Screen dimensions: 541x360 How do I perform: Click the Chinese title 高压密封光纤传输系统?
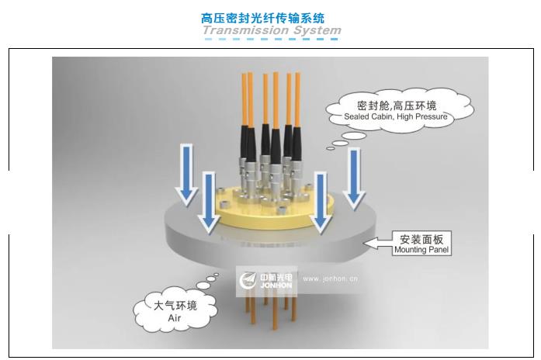click(x=262, y=19)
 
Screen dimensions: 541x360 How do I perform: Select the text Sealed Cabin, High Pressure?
click(x=395, y=116)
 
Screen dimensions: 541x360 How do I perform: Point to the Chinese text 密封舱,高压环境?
click(x=397, y=106)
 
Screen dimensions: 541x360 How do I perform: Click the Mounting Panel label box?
click(x=421, y=243)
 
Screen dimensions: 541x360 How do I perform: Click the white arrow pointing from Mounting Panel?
click(x=378, y=243)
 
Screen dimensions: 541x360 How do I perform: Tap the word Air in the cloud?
click(x=174, y=317)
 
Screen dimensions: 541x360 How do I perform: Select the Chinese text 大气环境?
click(x=175, y=306)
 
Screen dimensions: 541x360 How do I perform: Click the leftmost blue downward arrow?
click(x=186, y=175)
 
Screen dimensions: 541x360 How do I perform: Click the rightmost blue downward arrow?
click(x=354, y=178)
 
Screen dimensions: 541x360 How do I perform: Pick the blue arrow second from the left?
click(x=209, y=202)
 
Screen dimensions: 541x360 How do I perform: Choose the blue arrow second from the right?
click(x=321, y=202)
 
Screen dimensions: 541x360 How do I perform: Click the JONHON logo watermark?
click(x=266, y=281)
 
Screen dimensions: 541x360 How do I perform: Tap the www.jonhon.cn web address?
click(x=330, y=279)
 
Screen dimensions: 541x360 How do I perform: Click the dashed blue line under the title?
click(x=271, y=39)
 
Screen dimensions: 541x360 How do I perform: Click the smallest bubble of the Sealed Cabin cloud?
click(x=330, y=149)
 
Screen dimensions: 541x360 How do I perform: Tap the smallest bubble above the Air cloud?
click(x=217, y=275)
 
